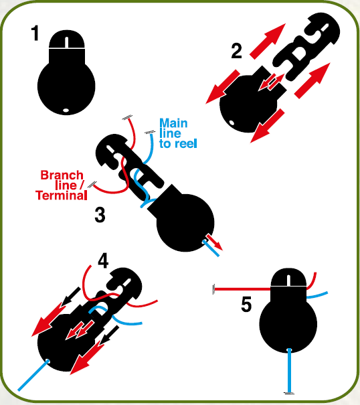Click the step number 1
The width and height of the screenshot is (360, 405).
click(x=35, y=33)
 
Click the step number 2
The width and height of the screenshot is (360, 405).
click(x=237, y=51)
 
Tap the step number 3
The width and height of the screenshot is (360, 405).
click(x=100, y=215)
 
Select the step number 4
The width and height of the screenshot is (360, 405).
click(x=103, y=260)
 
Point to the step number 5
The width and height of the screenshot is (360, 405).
click(x=246, y=305)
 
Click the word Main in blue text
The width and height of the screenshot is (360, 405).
click(x=173, y=123)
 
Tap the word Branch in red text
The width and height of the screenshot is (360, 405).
click(x=62, y=175)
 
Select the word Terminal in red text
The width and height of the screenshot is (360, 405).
click(x=61, y=195)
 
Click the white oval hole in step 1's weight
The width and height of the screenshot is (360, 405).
click(x=66, y=110)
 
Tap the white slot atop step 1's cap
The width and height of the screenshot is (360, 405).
click(x=67, y=42)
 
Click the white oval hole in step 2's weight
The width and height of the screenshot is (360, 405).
click(x=232, y=123)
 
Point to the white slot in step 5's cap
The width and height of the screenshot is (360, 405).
click(x=288, y=280)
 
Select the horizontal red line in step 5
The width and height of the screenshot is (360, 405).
click(x=242, y=289)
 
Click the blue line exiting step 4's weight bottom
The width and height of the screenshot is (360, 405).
click(x=33, y=375)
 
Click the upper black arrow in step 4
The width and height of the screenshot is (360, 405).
click(x=71, y=296)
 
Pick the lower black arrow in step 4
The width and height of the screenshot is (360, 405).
click(x=110, y=335)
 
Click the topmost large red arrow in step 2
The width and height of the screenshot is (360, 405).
click(x=268, y=41)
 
